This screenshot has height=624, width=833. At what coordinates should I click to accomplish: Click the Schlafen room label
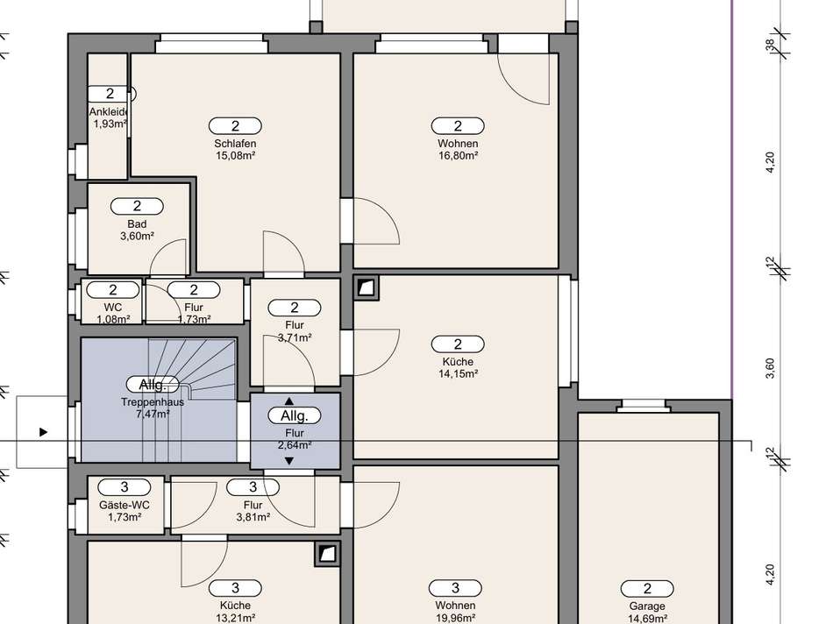click(235, 144)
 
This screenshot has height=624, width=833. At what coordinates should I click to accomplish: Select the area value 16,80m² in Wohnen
click(458, 156)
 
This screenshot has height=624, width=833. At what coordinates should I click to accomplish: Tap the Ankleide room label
click(110, 112)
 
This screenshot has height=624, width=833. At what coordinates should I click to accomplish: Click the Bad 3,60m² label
click(137, 224)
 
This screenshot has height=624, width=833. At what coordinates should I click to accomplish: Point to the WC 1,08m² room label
click(112, 308)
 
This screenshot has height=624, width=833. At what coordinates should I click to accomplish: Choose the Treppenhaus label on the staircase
click(153, 402)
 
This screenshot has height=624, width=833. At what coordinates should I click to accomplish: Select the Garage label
click(647, 606)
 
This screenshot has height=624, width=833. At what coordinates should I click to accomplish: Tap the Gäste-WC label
click(125, 506)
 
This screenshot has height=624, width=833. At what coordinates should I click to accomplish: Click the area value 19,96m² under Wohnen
click(455, 618)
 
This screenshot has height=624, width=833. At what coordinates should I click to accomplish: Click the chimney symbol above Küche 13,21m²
click(327, 552)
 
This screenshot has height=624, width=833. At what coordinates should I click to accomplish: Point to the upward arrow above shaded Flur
click(290, 401)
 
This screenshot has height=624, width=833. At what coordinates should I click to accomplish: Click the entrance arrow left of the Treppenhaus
click(44, 432)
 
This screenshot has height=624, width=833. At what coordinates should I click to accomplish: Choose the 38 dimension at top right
click(771, 45)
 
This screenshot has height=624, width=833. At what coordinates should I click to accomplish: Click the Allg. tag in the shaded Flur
click(294, 415)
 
